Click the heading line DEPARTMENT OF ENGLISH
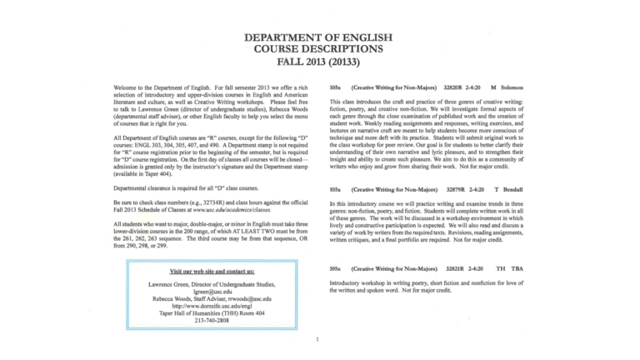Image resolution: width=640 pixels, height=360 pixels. tap(319, 37)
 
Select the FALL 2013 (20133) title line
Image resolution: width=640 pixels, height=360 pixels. tap(319, 62)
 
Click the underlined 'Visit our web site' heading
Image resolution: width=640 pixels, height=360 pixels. tap(212, 272)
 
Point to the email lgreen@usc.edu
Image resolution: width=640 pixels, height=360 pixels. tap(212, 291)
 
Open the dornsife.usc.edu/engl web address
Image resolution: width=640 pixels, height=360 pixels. tap(212, 305)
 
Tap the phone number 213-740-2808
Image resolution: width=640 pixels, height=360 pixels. tap(212, 320)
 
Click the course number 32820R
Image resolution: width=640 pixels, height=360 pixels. tap(455, 87)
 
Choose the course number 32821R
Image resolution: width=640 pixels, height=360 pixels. tap(455, 269)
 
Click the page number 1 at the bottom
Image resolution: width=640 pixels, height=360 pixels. tap(317, 339)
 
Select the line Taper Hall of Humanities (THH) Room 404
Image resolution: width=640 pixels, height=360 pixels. tap(212, 312)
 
